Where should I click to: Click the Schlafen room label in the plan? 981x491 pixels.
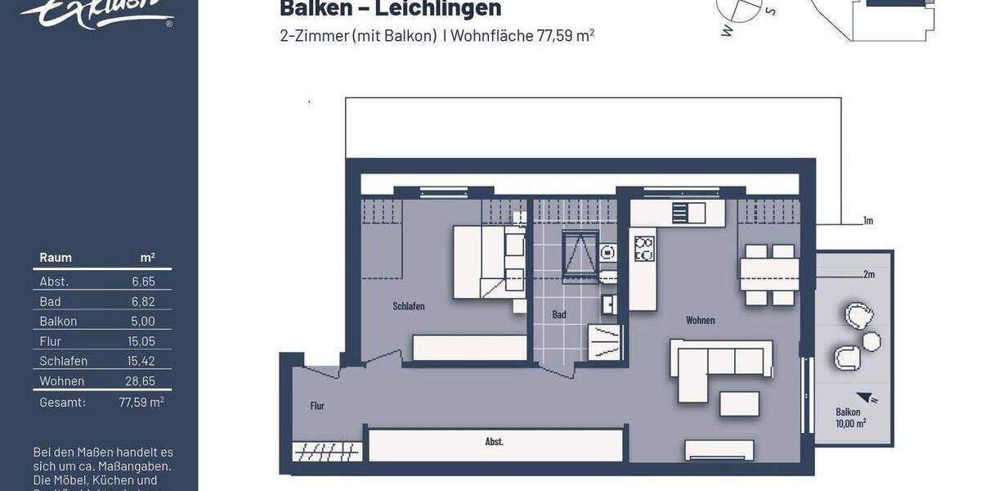click(409, 307)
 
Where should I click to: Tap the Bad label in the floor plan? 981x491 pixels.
click(559, 314)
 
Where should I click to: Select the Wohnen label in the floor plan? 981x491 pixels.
click(701, 320)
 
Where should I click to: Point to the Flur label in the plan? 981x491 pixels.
click(317, 405)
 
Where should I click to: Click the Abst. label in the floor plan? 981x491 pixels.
click(495, 442)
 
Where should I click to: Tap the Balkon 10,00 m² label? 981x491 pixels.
click(850, 417)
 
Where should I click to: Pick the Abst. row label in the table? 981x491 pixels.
click(54, 282)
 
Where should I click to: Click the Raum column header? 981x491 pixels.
click(56, 258)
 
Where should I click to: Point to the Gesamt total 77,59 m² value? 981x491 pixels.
click(141, 402)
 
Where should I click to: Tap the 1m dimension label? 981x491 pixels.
click(868, 221)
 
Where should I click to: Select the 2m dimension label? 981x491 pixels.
click(868, 274)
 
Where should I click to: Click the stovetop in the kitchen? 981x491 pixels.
click(644, 248)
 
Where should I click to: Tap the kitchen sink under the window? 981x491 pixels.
click(688, 213)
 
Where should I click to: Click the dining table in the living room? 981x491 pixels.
click(769, 268)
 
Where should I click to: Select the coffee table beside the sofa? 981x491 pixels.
click(739, 403)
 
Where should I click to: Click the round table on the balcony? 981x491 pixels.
click(871, 341)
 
